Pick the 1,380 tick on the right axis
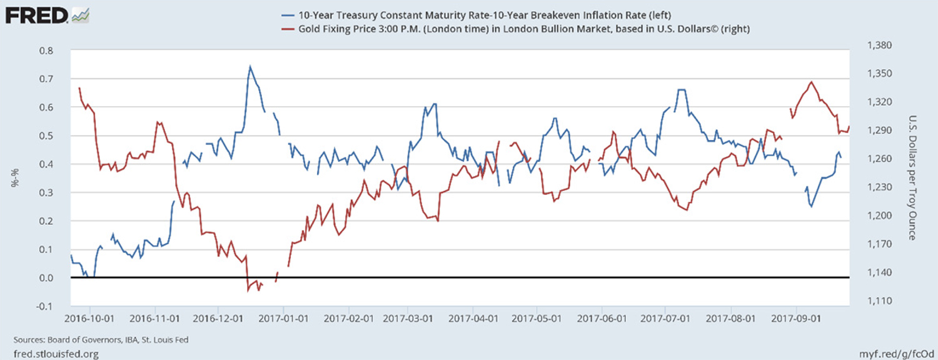point(879,46)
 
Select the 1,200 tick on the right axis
point(879,216)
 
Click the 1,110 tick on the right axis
point(879,301)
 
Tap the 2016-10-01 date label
point(90,317)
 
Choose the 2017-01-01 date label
point(283,317)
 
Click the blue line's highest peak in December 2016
point(250,66)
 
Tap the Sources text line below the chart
point(101,340)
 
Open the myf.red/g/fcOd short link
point(895,353)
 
